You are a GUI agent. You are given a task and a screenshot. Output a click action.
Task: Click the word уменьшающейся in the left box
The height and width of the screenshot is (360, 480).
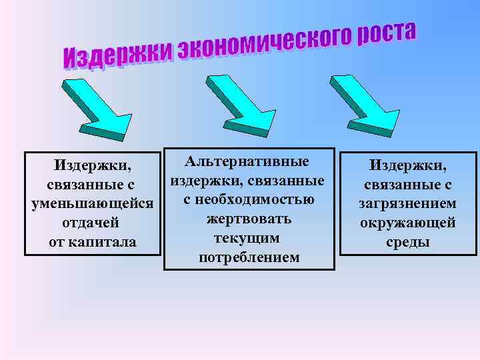point(93,202)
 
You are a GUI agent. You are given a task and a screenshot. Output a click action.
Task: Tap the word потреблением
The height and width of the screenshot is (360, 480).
point(249,257)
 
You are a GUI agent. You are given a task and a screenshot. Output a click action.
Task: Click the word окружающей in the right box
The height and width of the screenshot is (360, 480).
point(408,222)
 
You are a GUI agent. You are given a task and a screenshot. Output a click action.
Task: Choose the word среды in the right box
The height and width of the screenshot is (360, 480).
point(408,241)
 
